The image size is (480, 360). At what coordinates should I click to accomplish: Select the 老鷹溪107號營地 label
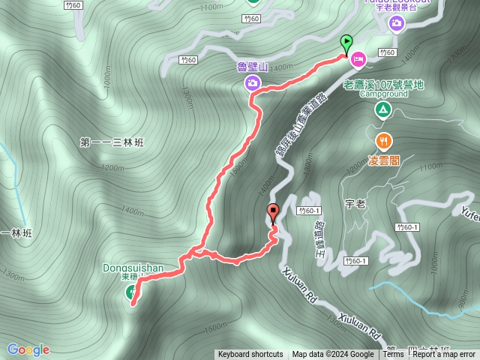coord(383,85)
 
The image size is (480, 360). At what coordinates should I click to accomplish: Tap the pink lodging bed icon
coord(358,58)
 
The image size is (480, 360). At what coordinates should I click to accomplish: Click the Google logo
coord(28,349)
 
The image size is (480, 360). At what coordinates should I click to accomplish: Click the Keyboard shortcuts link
coord(250,355)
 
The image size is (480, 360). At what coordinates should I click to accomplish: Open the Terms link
coord(393,355)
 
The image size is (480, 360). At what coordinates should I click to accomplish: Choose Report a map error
coord(445,355)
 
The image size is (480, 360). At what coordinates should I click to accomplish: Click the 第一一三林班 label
coord(110,142)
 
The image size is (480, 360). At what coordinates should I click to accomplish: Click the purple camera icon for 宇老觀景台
coord(396,23)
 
